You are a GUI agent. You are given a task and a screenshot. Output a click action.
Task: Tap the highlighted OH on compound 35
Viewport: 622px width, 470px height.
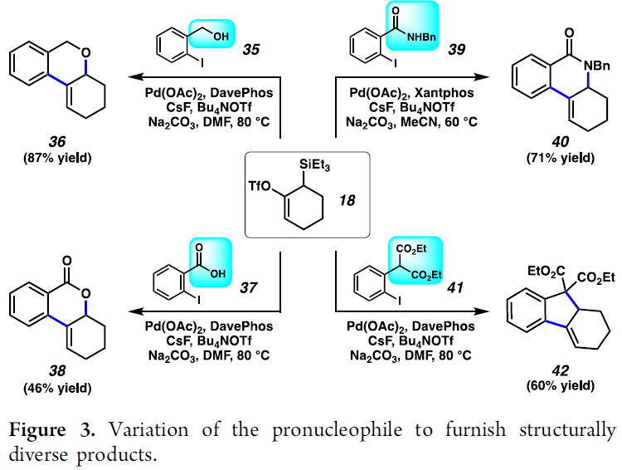222,34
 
